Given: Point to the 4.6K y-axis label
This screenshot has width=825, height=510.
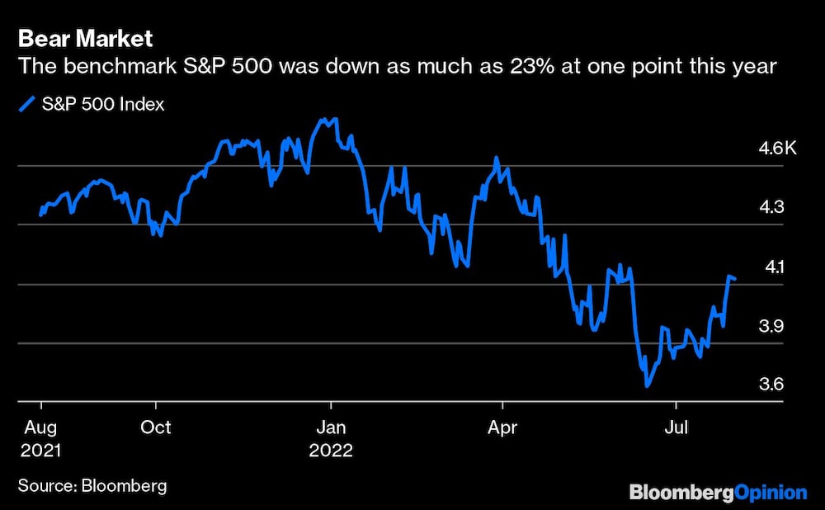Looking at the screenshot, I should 777,149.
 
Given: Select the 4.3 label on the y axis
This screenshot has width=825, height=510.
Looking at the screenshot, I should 772,208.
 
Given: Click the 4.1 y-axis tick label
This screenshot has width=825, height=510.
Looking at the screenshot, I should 772,267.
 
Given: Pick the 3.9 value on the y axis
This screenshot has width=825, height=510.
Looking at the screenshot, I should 772,326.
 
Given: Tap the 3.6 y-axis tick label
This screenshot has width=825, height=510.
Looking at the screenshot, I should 772,385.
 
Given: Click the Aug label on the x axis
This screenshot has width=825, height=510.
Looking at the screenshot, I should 41,428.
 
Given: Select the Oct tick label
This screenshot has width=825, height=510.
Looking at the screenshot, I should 155,428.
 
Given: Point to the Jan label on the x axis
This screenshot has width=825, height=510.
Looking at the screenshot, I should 330,428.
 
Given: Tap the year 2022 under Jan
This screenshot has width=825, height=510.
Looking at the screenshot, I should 331,451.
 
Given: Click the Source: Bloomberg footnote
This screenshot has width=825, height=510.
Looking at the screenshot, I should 92,486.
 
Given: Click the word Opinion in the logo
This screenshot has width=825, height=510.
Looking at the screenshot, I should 771,493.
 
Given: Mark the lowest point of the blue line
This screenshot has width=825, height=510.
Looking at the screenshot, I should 647,385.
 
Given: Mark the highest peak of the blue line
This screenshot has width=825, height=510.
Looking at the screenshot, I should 323,119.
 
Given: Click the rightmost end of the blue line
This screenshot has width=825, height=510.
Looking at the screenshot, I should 735,278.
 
